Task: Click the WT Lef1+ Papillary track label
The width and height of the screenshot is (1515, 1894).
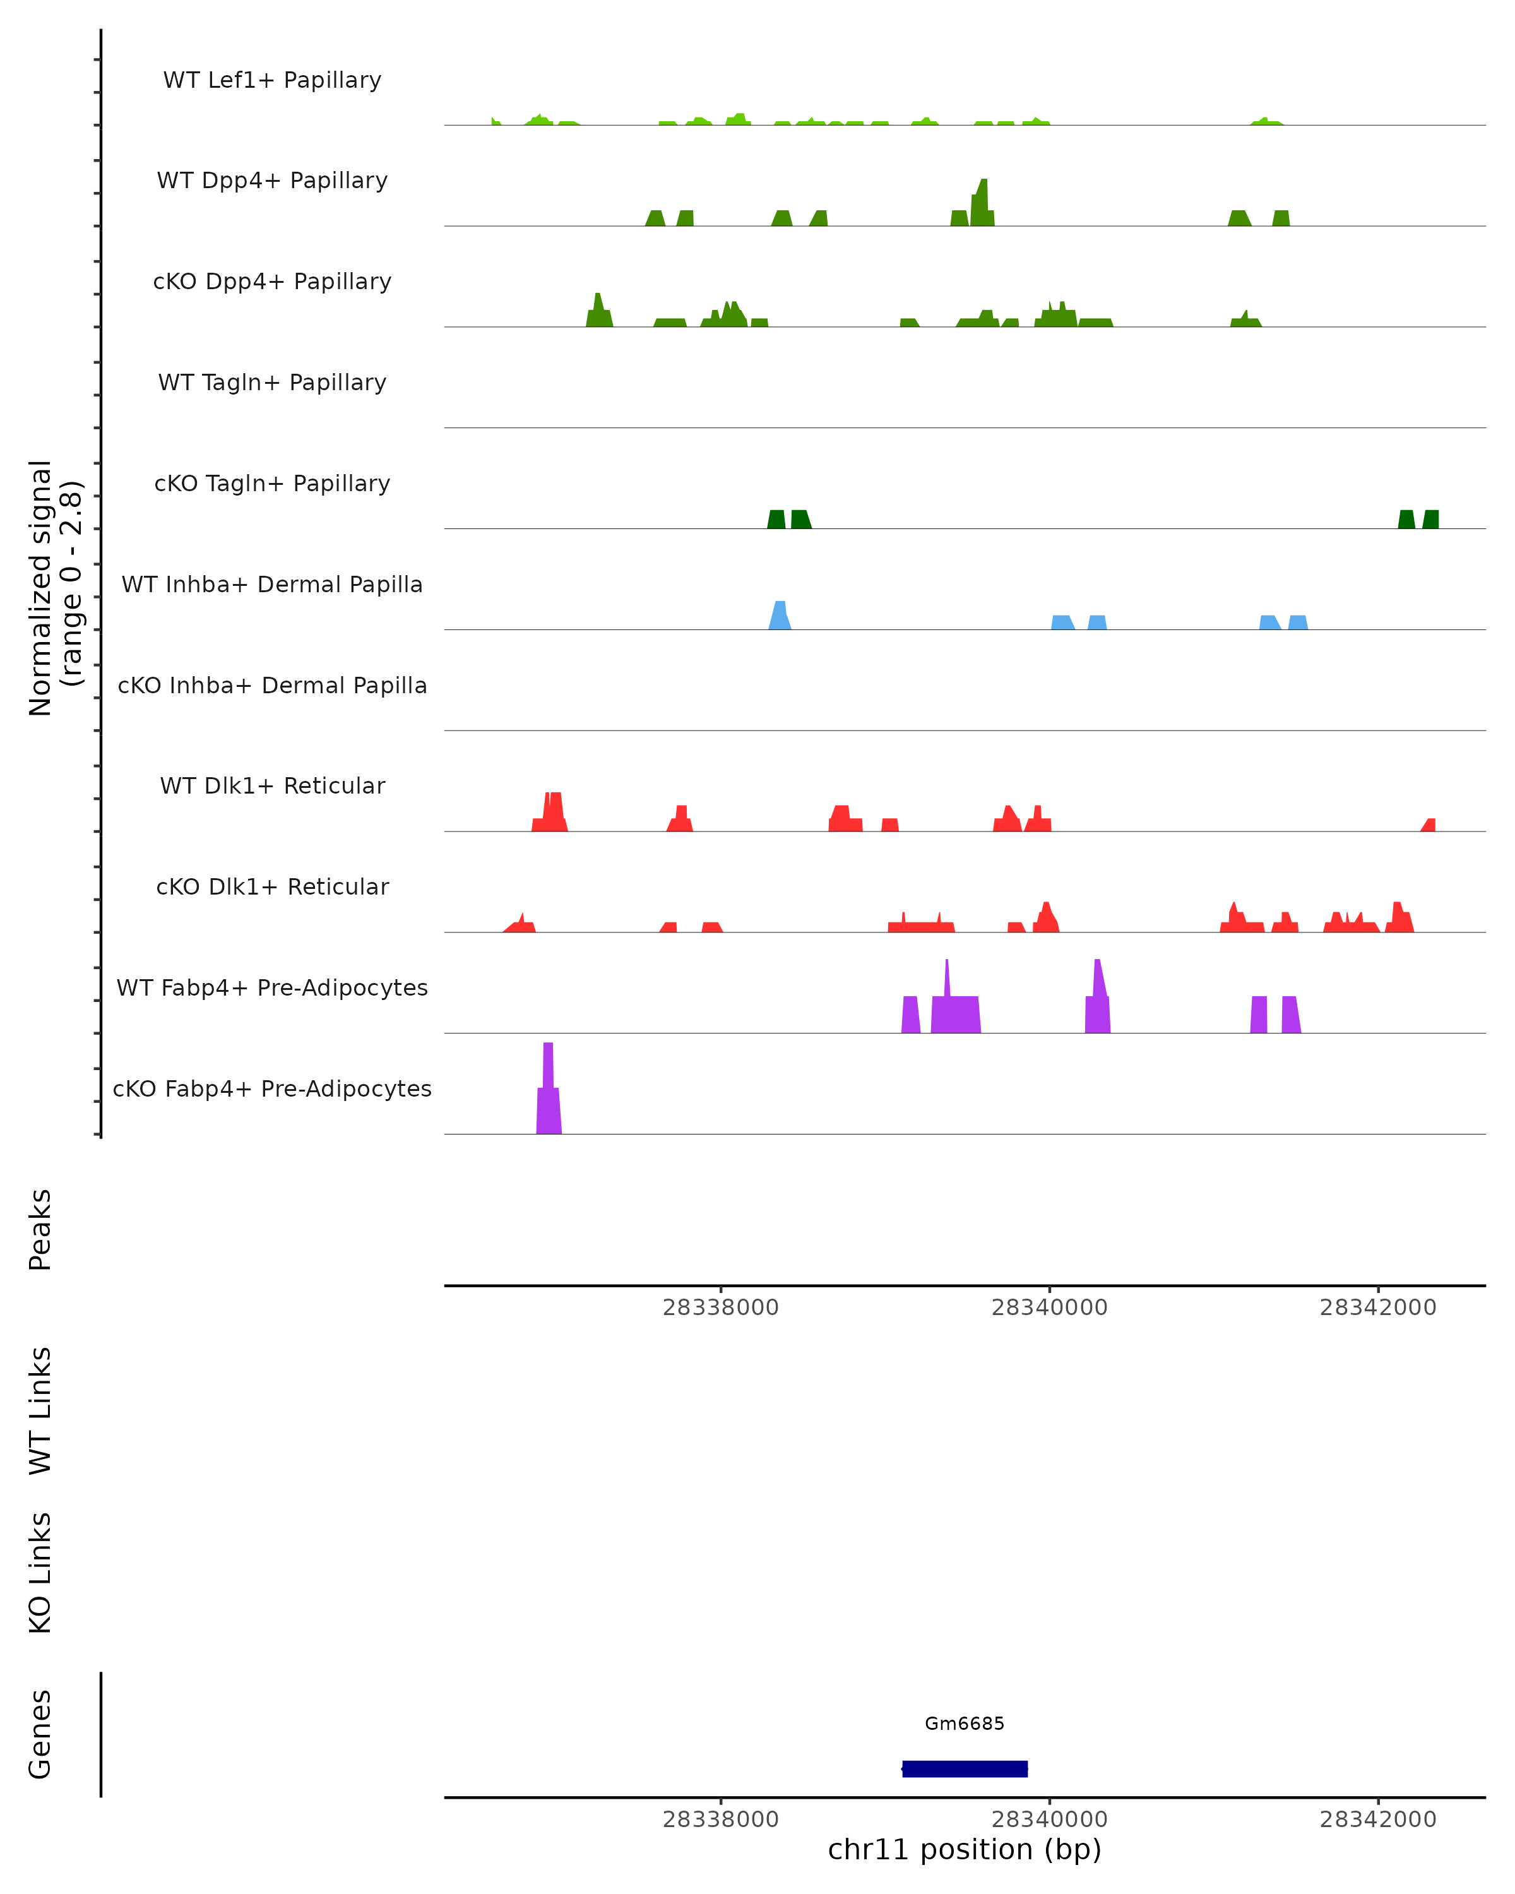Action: (272, 80)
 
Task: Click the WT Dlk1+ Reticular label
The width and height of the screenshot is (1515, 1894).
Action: (272, 785)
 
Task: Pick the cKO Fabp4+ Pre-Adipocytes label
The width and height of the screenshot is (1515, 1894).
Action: (272, 1088)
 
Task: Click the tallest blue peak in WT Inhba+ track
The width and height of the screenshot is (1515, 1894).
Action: (780, 615)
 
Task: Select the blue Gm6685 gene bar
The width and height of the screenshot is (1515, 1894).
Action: (965, 1768)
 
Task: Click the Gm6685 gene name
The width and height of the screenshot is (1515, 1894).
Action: (965, 1724)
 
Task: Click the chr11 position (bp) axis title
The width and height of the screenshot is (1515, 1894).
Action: (965, 1849)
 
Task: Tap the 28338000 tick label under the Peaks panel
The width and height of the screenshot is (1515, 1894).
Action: (720, 1307)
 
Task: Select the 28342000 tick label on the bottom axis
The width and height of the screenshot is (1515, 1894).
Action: (1378, 1820)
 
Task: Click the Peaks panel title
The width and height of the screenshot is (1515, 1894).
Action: (40, 1230)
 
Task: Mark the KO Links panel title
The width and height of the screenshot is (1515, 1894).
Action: (40, 1573)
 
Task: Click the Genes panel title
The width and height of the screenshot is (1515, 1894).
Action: (40, 1734)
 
